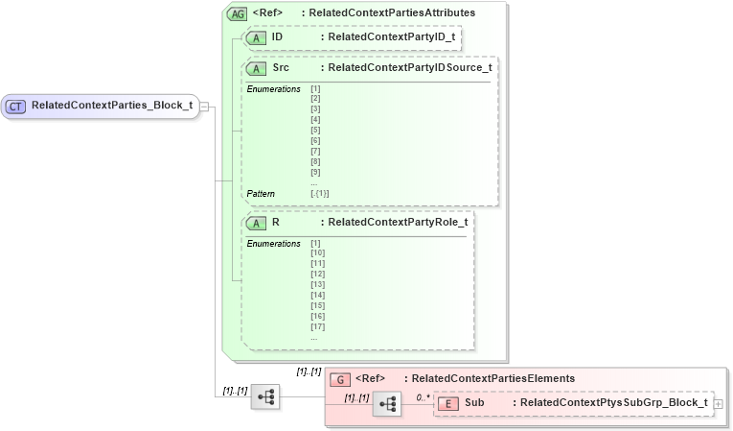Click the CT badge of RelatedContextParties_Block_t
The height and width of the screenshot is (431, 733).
[x=16, y=106]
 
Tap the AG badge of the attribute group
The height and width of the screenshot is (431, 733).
[x=236, y=13]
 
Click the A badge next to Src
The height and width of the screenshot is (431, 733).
[x=256, y=69]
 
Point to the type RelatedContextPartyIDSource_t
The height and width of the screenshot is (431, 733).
[x=410, y=69]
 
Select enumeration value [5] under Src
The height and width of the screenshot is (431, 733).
[x=315, y=131]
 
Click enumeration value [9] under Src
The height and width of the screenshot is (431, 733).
[x=315, y=172]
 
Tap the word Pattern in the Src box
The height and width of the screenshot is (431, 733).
[x=261, y=194]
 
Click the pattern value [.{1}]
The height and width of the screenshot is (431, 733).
[x=320, y=194]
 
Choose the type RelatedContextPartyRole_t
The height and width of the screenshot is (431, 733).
[x=398, y=223]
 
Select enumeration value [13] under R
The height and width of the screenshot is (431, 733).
[x=318, y=284]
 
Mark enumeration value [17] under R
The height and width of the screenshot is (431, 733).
[x=318, y=326]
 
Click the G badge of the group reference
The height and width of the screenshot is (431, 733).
[x=337, y=379]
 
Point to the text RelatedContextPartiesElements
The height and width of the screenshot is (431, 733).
[x=492, y=379]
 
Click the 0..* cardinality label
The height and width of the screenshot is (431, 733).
[x=423, y=396]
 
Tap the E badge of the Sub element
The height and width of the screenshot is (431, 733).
[x=447, y=403]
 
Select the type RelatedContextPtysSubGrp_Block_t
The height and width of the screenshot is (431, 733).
[x=613, y=403]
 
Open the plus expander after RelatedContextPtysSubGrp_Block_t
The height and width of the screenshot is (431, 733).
[x=718, y=404]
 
